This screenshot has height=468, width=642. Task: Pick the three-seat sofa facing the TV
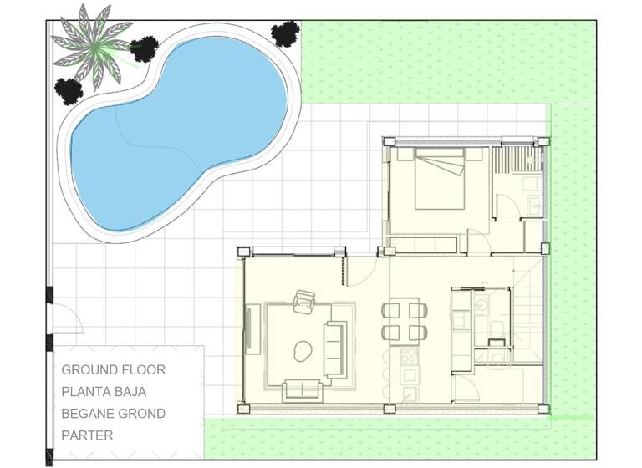pyautogui.click(x=335, y=348)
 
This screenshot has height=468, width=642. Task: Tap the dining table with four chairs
pyautogui.click(x=405, y=320)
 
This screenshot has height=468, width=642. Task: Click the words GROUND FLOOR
pyautogui.click(x=114, y=369)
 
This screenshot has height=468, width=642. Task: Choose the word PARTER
pyautogui.click(x=87, y=435)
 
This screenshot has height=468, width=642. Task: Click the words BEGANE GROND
pyautogui.click(x=114, y=413)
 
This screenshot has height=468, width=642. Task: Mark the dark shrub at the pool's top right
pyautogui.click(x=285, y=33)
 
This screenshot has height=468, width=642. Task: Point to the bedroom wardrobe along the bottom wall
pyautogui.click(x=424, y=244)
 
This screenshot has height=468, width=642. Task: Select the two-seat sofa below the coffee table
pyautogui.click(x=303, y=389)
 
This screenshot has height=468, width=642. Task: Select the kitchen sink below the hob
pyautogui.click(x=410, y=394)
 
